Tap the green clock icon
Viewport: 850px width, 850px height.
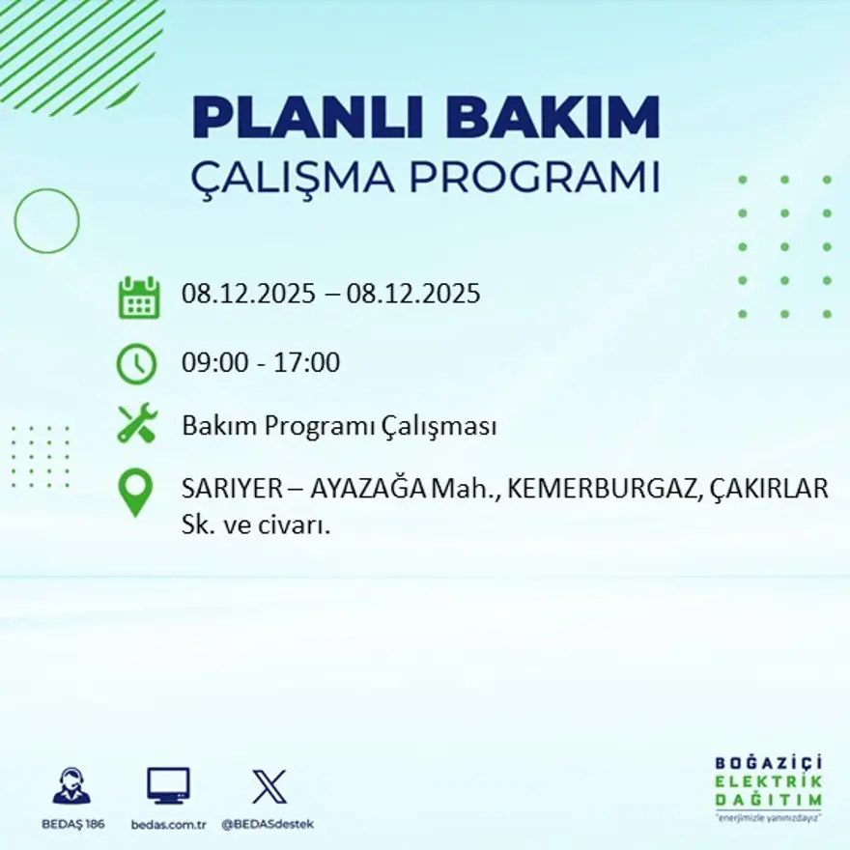coord(136,364)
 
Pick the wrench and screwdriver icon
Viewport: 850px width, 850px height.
coord(136,425)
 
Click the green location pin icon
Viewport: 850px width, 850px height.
coord(135,492)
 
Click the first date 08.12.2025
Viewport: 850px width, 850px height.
coord(248,294)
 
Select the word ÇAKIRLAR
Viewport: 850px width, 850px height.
coord(769,489)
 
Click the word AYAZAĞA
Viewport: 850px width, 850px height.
coord(368,489)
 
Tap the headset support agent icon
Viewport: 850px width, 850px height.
coord(71,786)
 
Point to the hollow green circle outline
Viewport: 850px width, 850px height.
coord(46,221)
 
